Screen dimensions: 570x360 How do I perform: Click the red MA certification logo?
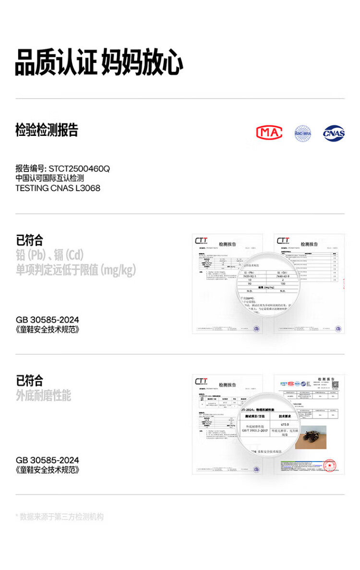(269, 132)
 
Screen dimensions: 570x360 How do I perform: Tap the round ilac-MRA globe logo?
(303, 133)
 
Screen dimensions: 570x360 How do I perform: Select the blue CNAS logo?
(334, 133)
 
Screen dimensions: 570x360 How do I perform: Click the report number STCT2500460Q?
(79, 169)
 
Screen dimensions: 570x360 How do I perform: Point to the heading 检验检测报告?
(47, 130)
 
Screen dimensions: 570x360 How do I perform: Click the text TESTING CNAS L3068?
(58, 188)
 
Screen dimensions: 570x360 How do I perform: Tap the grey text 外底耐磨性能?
(43, 395)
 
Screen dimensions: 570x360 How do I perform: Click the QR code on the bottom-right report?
(336, 385)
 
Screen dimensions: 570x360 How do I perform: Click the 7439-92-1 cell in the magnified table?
(252, 277)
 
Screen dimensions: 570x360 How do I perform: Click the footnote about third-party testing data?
(60, 517)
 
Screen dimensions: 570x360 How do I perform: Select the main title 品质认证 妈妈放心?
(99, 62)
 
